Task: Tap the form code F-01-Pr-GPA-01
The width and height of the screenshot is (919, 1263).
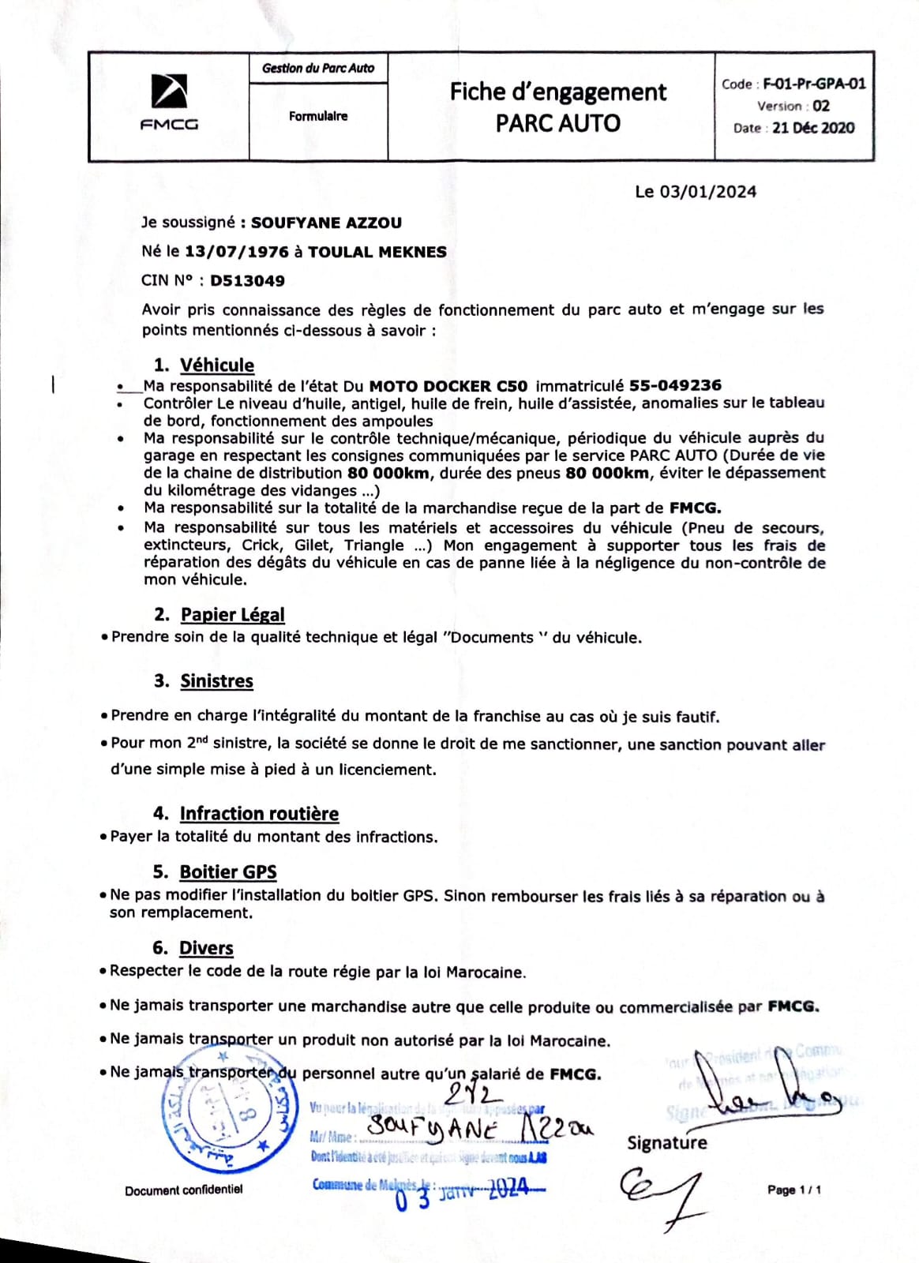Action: (814, 84)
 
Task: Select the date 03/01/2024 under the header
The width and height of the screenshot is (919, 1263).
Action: (707, 192)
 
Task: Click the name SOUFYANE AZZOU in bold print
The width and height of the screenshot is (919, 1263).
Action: (326, 223)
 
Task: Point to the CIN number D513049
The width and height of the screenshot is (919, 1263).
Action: (247, 281)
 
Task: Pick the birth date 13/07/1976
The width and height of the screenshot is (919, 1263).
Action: (236, 253)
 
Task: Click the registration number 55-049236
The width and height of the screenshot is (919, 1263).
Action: (675, 386)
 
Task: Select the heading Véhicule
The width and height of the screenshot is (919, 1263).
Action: (217, 365)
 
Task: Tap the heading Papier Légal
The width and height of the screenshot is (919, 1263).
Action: (232, 615)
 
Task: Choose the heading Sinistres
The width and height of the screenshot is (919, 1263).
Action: (216, 681)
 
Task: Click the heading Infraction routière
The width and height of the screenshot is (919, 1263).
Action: (259, 814)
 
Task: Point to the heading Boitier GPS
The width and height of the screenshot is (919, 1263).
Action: (228, 872)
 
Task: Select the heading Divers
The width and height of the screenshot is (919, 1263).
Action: (206, 948)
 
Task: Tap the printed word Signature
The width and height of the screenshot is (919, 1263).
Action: (667, 1143)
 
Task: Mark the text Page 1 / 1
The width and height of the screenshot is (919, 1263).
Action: (793, 1190)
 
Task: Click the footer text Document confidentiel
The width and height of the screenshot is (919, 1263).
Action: (183, 1190)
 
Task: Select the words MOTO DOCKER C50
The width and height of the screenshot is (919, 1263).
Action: (448, 386)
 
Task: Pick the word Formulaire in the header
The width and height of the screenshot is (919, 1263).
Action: (317, 116)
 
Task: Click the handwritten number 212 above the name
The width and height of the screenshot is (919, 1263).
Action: (473, 1095)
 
